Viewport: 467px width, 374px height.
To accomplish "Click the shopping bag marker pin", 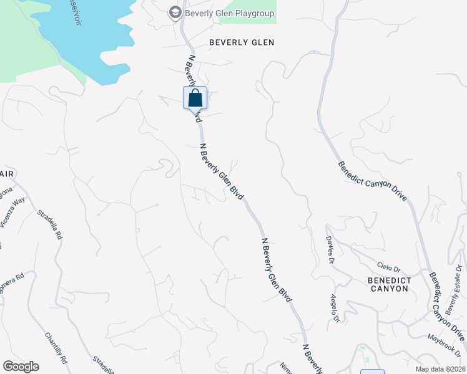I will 195,98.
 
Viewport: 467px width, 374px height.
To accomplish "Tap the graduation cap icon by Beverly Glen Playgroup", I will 175,12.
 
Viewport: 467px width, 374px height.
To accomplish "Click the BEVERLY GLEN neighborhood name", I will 242,43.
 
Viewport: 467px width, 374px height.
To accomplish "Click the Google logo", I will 21,367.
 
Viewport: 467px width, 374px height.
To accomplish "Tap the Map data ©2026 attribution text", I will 433,368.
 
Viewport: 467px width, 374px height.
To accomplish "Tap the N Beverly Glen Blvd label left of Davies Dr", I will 277,270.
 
